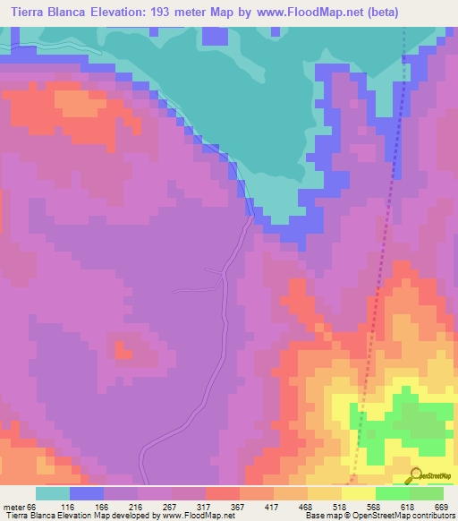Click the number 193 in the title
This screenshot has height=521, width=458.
coord(184,12)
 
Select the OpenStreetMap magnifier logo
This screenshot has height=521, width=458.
coord(418,474)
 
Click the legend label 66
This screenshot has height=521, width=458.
coord(35,507)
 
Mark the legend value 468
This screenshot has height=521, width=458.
coord(307,507)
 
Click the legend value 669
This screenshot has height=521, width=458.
coord(441,507)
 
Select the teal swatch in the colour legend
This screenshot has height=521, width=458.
coord(52,493)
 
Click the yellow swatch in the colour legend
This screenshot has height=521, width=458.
coord(358,493)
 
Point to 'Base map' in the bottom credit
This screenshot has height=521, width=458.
coord(317,516)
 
